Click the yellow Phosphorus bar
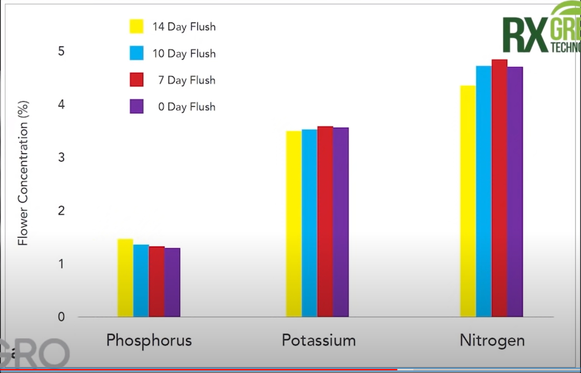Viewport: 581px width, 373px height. coord(125,278)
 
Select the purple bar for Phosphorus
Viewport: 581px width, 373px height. coord(172,282)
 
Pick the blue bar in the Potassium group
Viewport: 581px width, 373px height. coord(310,223)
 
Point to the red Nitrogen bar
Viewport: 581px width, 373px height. coord(499,188)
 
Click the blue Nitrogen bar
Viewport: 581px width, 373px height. coord(484,191)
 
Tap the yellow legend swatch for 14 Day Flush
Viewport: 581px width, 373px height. coord(137,26)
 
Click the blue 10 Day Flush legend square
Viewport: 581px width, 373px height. coord(137,53)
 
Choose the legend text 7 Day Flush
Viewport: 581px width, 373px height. coord(187,80)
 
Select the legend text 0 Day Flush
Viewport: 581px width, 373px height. coord(187,107)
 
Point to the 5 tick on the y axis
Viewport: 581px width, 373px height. coord(62,51)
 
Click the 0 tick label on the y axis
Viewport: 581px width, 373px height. coord(62,317)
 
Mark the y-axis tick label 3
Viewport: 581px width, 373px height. coord(62,157)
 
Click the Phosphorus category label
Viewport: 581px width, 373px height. coord(149,340)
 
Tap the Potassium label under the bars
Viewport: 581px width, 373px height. coord(319,340)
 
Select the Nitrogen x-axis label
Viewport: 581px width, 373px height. coord(492,340)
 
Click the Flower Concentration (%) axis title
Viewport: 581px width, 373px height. coord(24,173)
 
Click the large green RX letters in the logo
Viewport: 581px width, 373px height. coord(525,36)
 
